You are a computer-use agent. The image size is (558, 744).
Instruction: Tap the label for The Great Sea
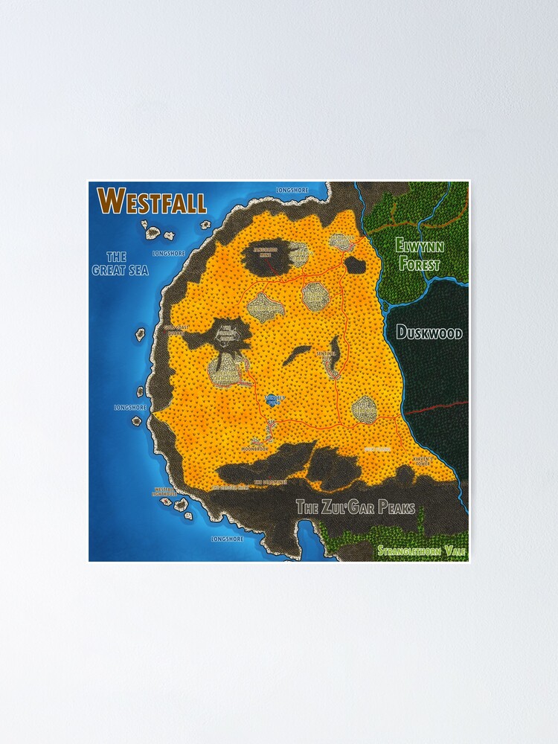120,263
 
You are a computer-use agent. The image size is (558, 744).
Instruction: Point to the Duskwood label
429,333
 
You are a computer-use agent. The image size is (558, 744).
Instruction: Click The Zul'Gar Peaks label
356,508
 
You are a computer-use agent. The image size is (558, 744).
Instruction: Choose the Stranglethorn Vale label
421,551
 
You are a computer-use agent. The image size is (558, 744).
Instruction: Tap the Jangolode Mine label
266,249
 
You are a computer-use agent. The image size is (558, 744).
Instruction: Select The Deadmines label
270,482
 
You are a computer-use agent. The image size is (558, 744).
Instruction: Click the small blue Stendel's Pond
272,398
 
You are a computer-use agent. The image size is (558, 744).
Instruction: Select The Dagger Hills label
228,487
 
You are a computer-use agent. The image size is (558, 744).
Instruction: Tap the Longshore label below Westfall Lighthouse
226,538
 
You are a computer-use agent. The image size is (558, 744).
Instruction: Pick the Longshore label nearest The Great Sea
168,253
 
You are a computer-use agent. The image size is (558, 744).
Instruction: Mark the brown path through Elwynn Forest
417,215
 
